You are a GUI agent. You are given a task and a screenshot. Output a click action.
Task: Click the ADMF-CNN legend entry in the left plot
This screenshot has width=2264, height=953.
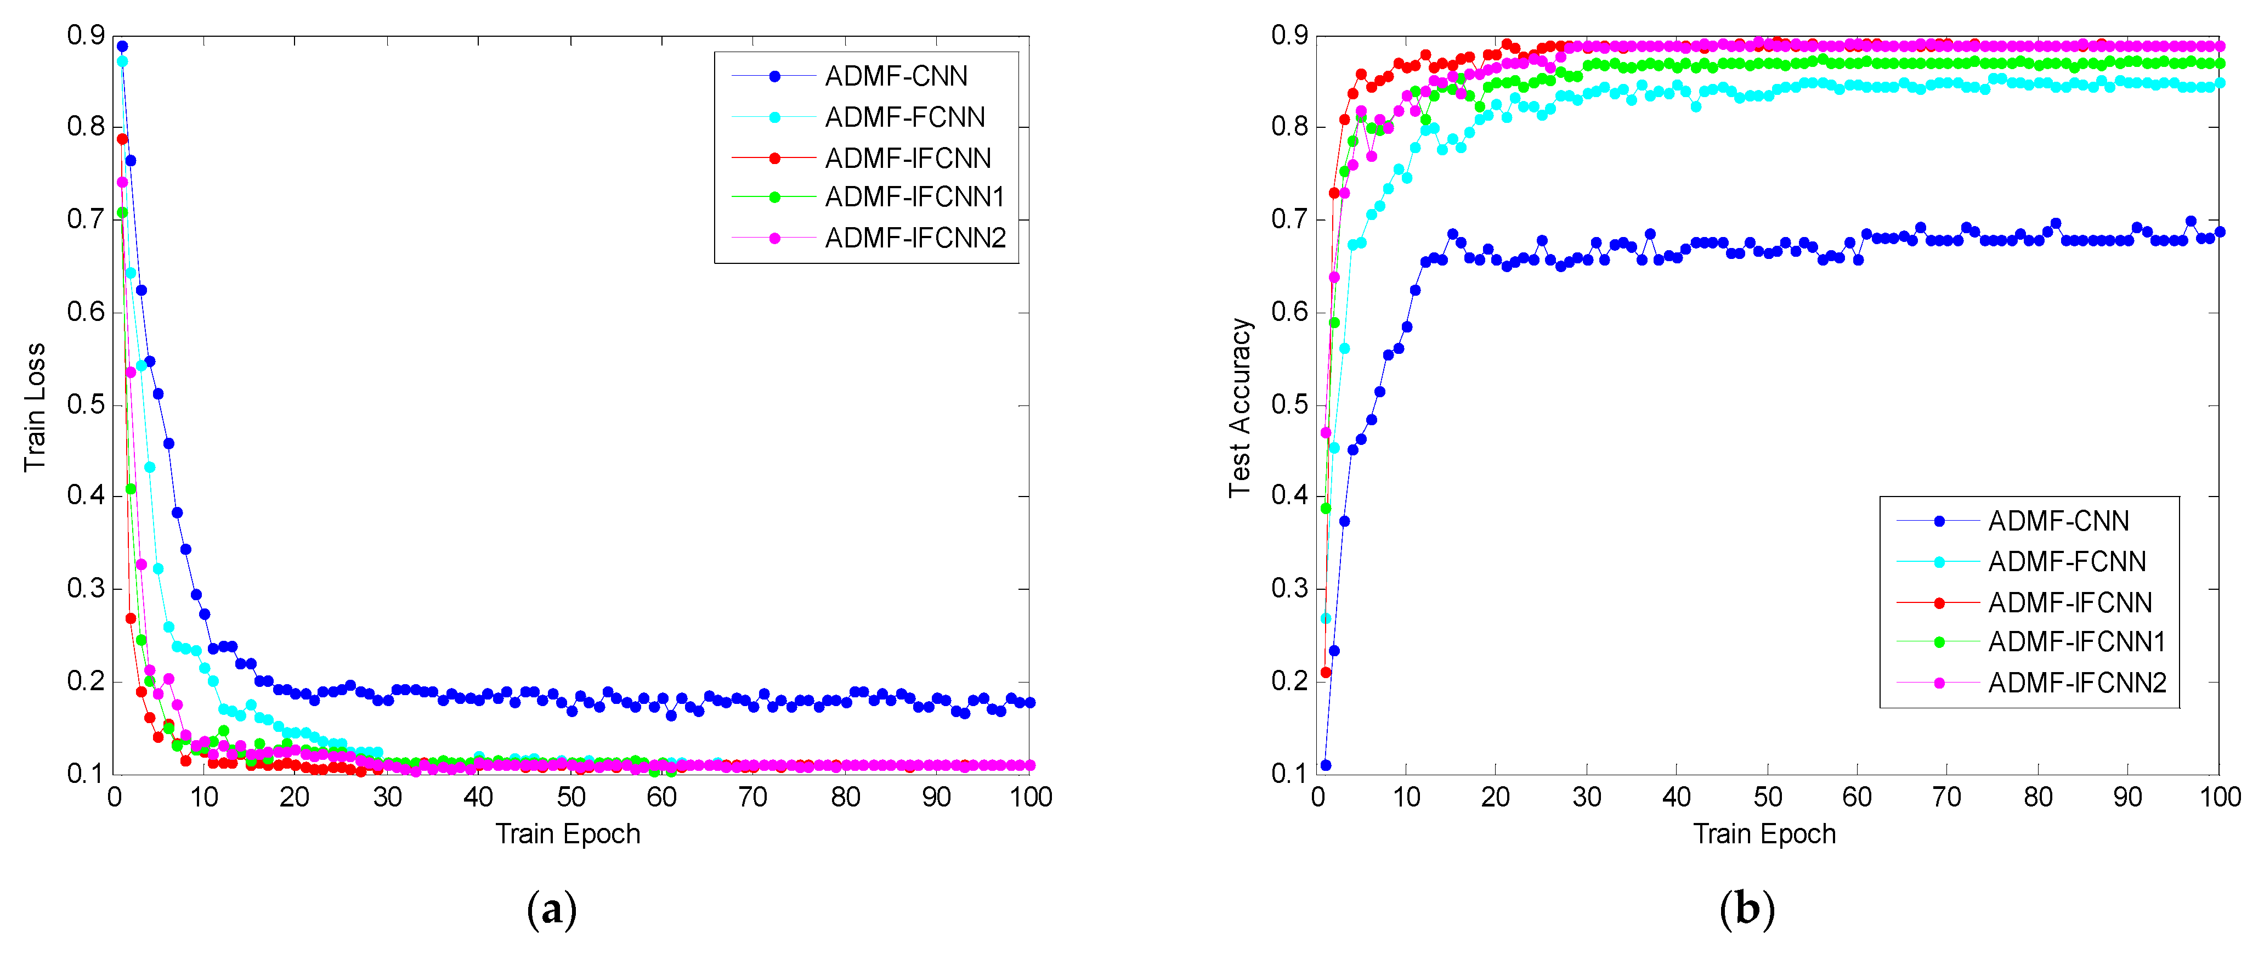(x=895, y=76)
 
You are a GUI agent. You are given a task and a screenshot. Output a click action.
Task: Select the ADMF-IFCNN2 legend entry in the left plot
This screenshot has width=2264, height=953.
(x=914, y=238)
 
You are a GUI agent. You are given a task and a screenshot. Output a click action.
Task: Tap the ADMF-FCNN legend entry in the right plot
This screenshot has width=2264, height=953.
(x=2066, y=562)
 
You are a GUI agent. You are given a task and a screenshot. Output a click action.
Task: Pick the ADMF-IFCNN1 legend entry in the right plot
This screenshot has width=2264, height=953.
(x=2076, y=642)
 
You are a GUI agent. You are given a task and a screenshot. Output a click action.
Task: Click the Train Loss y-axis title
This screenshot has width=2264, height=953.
(x=34, y=407)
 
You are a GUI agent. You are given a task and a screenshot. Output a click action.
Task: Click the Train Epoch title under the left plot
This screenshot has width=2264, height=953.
(x=568, y=833)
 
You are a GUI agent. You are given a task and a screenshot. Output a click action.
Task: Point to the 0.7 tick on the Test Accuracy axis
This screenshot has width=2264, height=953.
(x=1289, y=219)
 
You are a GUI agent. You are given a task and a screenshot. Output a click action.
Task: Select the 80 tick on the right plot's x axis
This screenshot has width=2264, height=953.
(x=2037, y=797)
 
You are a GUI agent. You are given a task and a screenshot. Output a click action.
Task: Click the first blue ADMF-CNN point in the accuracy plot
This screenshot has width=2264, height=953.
(x=1326, y=765)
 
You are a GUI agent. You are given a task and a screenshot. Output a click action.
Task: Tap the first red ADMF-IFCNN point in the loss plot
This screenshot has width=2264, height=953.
(x=122, y=139)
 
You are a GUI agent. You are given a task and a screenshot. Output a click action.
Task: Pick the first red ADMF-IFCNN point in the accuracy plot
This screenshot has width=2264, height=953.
(x=1326, y=673)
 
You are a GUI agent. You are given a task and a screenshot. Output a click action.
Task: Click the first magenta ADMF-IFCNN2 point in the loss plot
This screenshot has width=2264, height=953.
(x=122, y=183)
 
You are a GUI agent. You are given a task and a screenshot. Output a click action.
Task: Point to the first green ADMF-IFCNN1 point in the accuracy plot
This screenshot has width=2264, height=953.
(x=1326, y=508)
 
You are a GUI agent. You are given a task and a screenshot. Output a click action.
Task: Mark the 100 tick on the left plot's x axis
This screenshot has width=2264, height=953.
(x=1030, y=797)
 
